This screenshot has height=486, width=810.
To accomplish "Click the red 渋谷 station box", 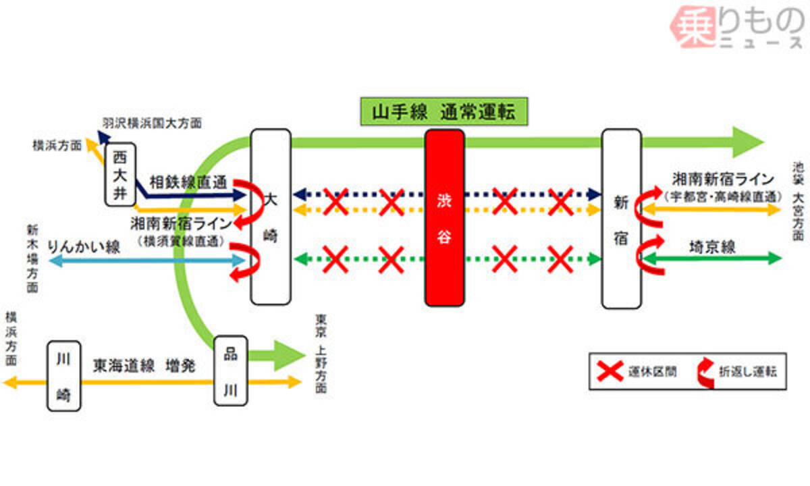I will coord(445,217).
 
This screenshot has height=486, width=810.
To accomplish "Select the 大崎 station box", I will coord(271,216).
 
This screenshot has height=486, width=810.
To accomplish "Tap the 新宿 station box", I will coord(621,219).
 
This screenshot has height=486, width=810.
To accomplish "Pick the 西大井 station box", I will coord(119,173).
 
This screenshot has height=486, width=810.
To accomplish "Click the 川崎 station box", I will coord(63,376).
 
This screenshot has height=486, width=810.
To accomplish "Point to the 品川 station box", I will coord(231,369).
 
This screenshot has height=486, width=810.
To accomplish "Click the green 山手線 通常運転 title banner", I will coord(442,112).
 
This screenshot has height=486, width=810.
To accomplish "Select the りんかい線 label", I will coord(84,248).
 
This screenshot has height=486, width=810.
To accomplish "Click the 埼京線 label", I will coord(712,246).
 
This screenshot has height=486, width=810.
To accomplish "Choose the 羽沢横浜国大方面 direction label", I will coord(152,124).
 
